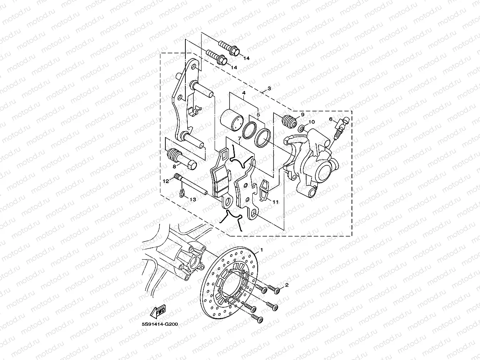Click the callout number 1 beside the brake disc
click(x=262, y=250)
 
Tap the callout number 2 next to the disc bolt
click(x=286, y=285)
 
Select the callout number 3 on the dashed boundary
click(x=269, y=88)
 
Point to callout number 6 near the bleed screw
click(x=331, y=119)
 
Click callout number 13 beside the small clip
click(x=193, y=199)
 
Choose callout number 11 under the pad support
click(x=275, y=202)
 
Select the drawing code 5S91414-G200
click(x=160, y=324)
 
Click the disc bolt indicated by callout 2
click(x=273, y=288)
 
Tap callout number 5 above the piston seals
click(x=258, y=114)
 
